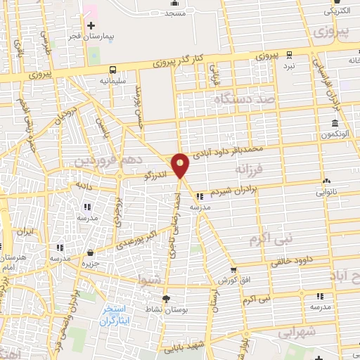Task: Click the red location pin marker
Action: pos(181,165)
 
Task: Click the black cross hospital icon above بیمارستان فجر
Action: pos(91,26)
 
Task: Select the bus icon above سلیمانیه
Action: pos(113,70)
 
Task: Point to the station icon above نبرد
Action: pos(289,53)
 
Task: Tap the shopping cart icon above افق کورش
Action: pos(234,271)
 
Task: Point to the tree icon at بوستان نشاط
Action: pos(172,298)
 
